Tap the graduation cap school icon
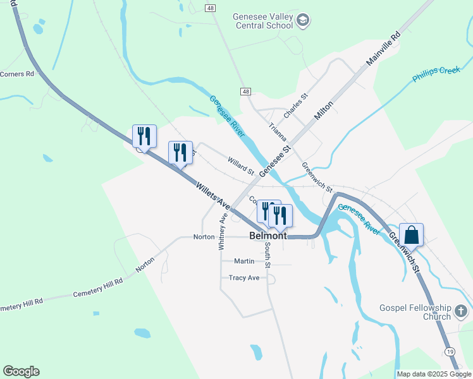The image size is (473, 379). (x=303, y=21)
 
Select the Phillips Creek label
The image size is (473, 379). (x=436, y=75)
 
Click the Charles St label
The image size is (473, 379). (x=295, y=105)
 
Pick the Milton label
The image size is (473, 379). (x=324, y=113)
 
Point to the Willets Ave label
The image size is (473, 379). (x=212, y=195)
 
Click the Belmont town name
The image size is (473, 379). (x=268, y=235)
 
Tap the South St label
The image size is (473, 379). (x=268, y=255)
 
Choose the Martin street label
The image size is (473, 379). (x=244, y=261)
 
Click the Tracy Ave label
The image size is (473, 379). (x=244, y=277)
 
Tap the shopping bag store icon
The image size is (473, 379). (x=411, y=235)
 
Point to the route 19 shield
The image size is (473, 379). (x=449, y=351)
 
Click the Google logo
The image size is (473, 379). (x=21, y=371)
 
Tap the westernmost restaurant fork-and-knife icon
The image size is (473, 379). (x=144, y=136)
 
